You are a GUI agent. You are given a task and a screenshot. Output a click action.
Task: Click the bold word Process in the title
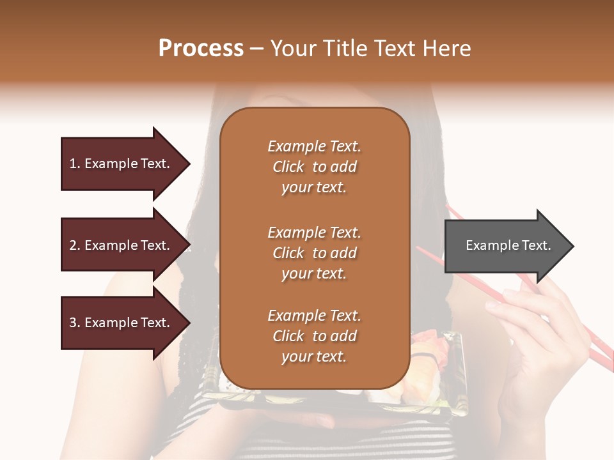point(201,48)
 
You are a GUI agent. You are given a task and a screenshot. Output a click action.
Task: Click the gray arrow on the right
point(505,246)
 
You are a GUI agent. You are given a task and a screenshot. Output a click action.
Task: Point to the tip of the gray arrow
point(572,246)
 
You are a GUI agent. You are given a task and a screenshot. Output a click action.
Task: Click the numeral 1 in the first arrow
point(72,164)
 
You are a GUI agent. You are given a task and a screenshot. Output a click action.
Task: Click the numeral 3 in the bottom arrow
point(72,323)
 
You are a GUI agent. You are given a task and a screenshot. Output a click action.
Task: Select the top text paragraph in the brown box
point(315,167)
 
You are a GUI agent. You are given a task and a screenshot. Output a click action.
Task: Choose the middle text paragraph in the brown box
point(315,253)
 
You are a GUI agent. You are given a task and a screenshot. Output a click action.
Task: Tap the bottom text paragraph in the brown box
point(315,336)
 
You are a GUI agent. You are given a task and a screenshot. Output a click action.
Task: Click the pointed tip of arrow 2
point(189,245)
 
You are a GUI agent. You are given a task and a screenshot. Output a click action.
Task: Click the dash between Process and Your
point(257,49)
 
